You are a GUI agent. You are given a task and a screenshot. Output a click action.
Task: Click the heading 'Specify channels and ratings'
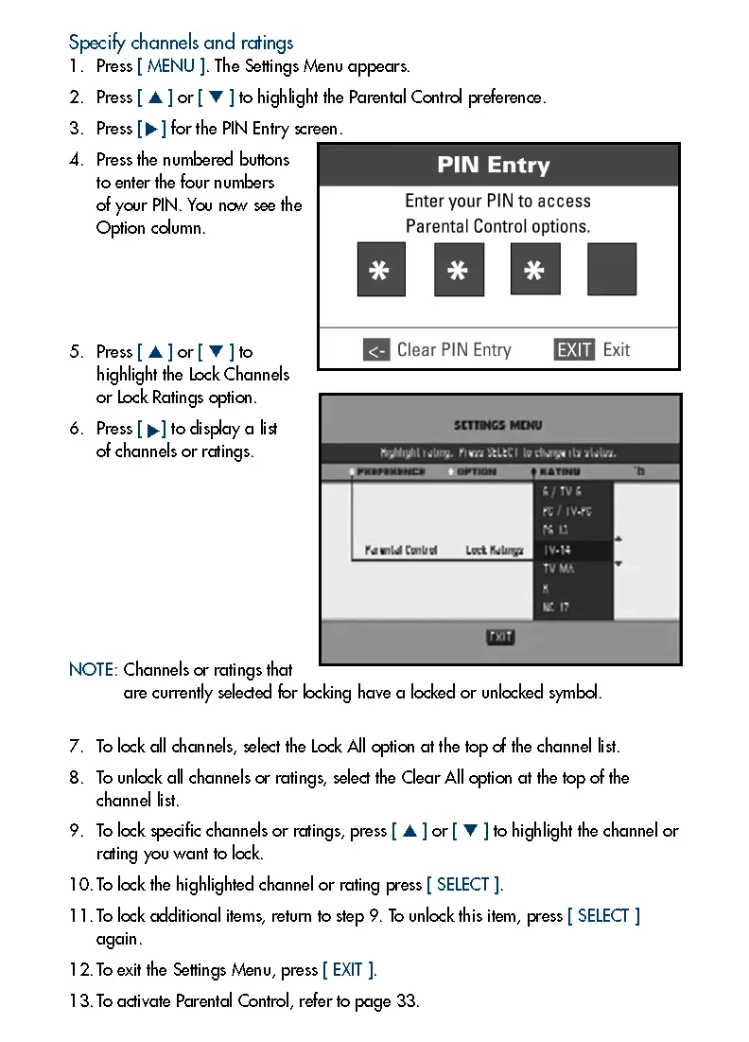pos(181,43)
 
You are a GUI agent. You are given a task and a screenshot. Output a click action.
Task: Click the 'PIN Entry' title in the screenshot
pos(493,166)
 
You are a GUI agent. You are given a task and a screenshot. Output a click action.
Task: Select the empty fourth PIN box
pos(612,270)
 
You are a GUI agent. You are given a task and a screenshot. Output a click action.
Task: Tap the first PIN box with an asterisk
pos(381,270)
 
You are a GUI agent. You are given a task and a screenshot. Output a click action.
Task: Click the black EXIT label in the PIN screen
pos(574,350)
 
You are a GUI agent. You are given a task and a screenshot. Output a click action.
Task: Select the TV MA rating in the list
pos(558,569)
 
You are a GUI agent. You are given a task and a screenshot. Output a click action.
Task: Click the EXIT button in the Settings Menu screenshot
pos(500,637)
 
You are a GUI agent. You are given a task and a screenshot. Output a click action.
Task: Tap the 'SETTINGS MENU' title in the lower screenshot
pos(498,426)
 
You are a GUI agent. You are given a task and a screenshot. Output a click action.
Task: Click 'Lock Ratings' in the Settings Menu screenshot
pos(495,550)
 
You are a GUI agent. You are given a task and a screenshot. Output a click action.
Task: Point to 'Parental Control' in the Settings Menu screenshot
pos(401,550)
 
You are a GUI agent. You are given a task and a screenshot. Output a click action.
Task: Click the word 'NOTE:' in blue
pos(94,670)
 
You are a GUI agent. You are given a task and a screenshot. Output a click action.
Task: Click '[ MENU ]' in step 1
pos(172,66)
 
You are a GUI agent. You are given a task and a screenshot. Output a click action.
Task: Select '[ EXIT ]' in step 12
pos(348,970)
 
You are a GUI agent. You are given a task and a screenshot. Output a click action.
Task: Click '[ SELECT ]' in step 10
pos(463,885)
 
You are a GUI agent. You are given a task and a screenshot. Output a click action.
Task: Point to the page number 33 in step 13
pos(407,1001)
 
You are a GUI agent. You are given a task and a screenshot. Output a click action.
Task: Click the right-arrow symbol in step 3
pos(152,129)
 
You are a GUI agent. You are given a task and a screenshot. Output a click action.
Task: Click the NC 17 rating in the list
pos(556,608)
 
